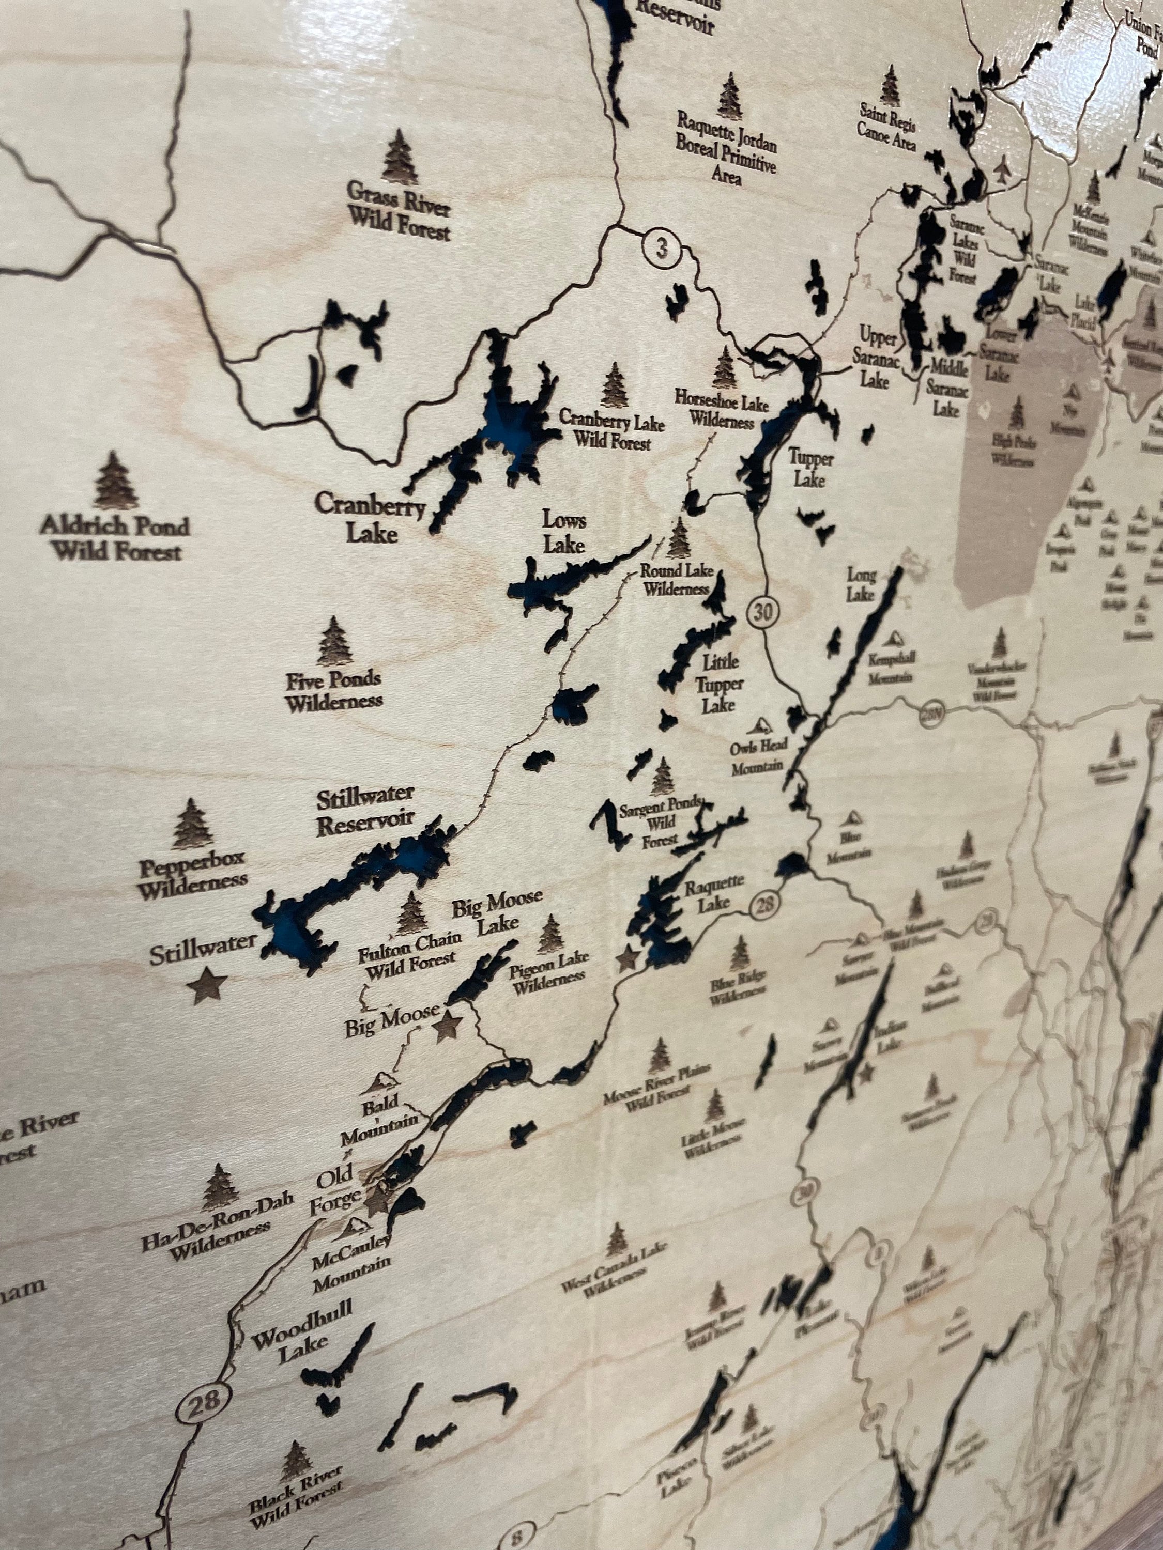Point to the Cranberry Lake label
pos(371,517)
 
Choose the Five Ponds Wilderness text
pos(334,690)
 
